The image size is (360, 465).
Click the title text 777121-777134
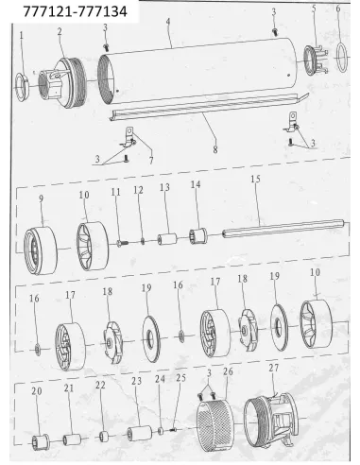[76, 11]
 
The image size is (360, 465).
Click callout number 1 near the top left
[22, 35]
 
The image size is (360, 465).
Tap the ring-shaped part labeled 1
[22, 87]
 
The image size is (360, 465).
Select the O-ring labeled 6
[342, 58]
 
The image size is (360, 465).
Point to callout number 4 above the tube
[168, 22]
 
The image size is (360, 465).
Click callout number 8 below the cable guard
[215, 149]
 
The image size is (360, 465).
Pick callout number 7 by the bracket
[151, 161]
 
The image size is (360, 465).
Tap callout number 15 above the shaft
[255, 179]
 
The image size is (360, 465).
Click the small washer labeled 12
[143, 242]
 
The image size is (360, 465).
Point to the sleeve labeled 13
[167, 239]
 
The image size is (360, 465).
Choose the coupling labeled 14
[197, 235]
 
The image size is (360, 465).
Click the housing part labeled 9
[41, 250]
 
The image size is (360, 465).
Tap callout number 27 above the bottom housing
[274, 368]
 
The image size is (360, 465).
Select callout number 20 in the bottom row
[37, 391]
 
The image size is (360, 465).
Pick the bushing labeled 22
[104, 437]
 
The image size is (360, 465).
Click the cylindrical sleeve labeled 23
[140, 433]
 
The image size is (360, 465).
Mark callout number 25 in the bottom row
[180, 378]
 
